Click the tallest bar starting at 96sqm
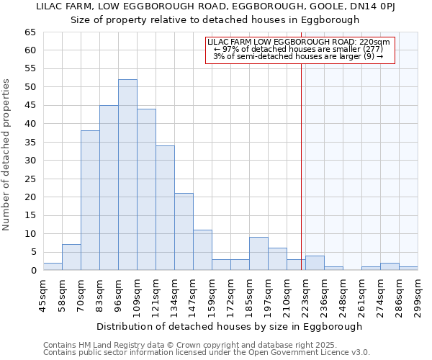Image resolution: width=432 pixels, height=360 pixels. click(x=127, y=175)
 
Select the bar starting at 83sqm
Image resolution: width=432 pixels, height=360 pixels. click(x=109, y=187)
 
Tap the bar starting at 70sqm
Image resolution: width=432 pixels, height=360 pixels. click(x=90, y=200)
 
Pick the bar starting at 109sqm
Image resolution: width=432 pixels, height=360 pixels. click(x=146, y=189)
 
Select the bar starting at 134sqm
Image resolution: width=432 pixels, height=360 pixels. click(x=184, y=232)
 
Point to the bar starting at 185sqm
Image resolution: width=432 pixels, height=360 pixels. click(x=258, y=253)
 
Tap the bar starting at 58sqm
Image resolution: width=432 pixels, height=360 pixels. click(x=71, y=257)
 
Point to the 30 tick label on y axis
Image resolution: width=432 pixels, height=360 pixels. click(x=30, y=161)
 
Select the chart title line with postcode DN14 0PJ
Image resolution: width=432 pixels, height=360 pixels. click(x=216, y=6)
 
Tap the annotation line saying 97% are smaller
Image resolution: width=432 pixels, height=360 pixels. click(x=298, y=49)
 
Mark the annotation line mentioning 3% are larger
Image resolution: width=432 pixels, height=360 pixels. click(x=298, y=56)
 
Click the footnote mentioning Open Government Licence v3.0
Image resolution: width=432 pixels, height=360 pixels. click(x=207, y=352)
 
